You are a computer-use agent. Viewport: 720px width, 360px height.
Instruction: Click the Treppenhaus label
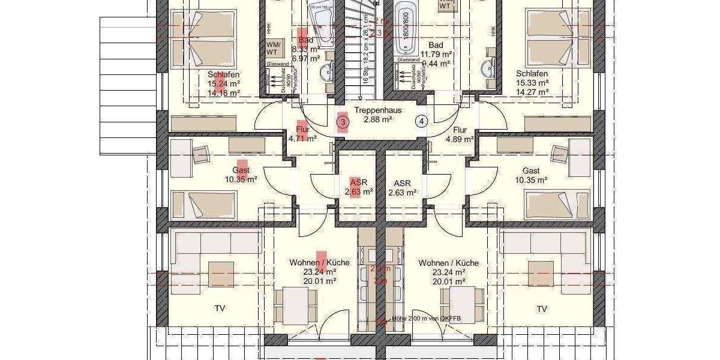coord(377,110)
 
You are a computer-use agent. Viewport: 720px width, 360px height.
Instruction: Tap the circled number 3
coord(343,122)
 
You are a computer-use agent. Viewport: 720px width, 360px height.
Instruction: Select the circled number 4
coord(422,121)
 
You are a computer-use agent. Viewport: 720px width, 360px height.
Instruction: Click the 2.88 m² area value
coord(377,120)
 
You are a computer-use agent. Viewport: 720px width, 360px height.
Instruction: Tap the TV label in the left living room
coord(220,309)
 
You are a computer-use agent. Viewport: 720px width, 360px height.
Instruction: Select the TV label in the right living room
coord(542,309)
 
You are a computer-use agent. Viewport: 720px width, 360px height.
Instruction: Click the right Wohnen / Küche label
coord(448,263)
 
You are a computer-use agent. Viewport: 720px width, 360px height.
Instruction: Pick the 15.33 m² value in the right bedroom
coord(532,83)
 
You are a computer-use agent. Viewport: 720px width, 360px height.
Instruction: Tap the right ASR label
coord(402,183)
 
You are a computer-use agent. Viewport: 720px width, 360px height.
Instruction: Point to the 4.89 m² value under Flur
coord(460,139)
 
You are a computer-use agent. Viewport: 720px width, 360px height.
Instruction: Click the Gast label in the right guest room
coord(531,170)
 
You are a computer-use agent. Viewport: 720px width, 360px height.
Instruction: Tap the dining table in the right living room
coord(462,305)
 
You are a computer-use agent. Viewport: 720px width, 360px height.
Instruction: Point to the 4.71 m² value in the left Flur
coord(302,139)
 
